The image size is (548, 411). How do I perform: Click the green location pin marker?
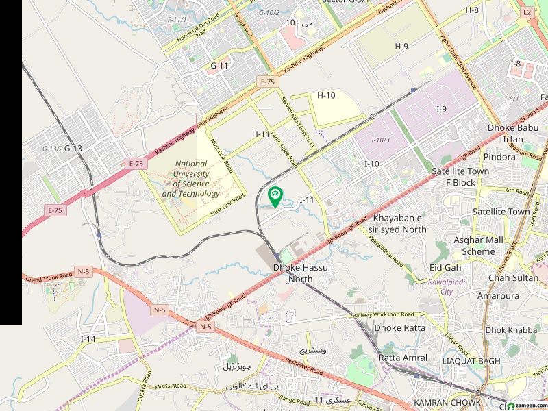pyautogui.click(x=275, y=197)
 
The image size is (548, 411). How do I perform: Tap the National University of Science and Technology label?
pyautogui.click(x=191, y=179)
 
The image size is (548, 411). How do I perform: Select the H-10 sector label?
pyautogui.click(x=326, y=95)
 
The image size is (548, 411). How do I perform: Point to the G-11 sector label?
pyautogui.click(x=219, y=66)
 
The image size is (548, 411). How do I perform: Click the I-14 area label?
pyautogui.click(x=88, y=339)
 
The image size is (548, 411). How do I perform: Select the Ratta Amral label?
pyautogui.click(x=403, y=358)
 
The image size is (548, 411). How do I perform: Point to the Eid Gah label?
pyautogui.click(x=445, y=267)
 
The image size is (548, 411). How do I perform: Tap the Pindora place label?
pyautogui.click(x=500, y=157)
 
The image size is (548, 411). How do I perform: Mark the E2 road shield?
pyautogui.click(x=527, y=12)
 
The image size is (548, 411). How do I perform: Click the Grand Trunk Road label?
pyautogui.click(x=48, y=279)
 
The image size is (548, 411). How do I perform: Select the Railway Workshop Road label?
pyautogui.click(x=384, y=314)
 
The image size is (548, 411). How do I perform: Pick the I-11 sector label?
pyautogui.click(x=307, y=199)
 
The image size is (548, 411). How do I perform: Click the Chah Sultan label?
pyautogui.click(x=513, y=278)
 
